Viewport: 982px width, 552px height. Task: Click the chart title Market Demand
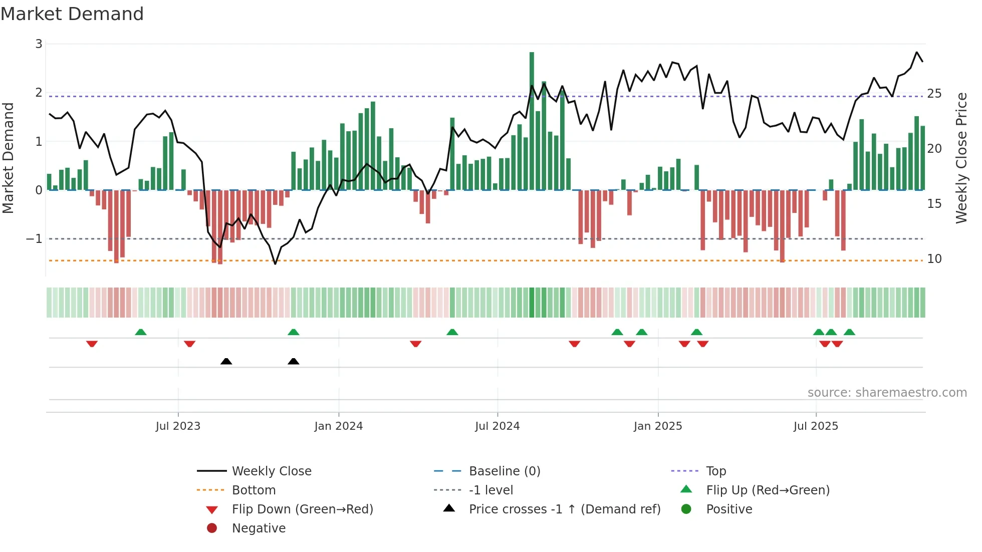click(x=72, y=14)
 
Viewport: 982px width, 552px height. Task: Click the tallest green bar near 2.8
click(x=532, y=120)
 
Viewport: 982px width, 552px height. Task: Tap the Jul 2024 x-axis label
click(x=497, y=426)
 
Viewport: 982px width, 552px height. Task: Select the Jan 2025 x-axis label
click(x=657, y=426)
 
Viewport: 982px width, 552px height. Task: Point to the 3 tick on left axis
click(x=39, y=44)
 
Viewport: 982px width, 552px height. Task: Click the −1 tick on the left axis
click(x=34, y=239)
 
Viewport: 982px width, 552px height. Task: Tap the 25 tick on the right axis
click(x=934, y=94)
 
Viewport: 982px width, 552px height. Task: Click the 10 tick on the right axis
click(x=934, y=259)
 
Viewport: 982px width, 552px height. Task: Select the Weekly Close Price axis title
click(x=961, y=158)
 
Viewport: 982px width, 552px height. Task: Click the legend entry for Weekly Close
click(x=271, y=471)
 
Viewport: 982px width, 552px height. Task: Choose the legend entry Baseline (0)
click(x=504, y=471)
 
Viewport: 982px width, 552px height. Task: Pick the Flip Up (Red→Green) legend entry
click(x=768, y=490)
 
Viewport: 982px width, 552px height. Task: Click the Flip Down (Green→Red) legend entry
click(x=302, y=509)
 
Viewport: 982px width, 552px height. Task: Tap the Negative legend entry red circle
click(x=212, y=528)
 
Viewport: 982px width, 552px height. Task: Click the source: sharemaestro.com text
click(x=887, y=393)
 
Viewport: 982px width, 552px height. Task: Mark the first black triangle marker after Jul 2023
click(x=226, y=361)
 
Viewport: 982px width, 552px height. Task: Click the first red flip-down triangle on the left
click(x=92, y=344)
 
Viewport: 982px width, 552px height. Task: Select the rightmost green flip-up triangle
click(x=849, y=332)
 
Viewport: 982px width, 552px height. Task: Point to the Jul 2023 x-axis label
click(x=178, y=426)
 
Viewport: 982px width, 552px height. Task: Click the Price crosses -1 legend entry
click(x=564, y=509)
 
